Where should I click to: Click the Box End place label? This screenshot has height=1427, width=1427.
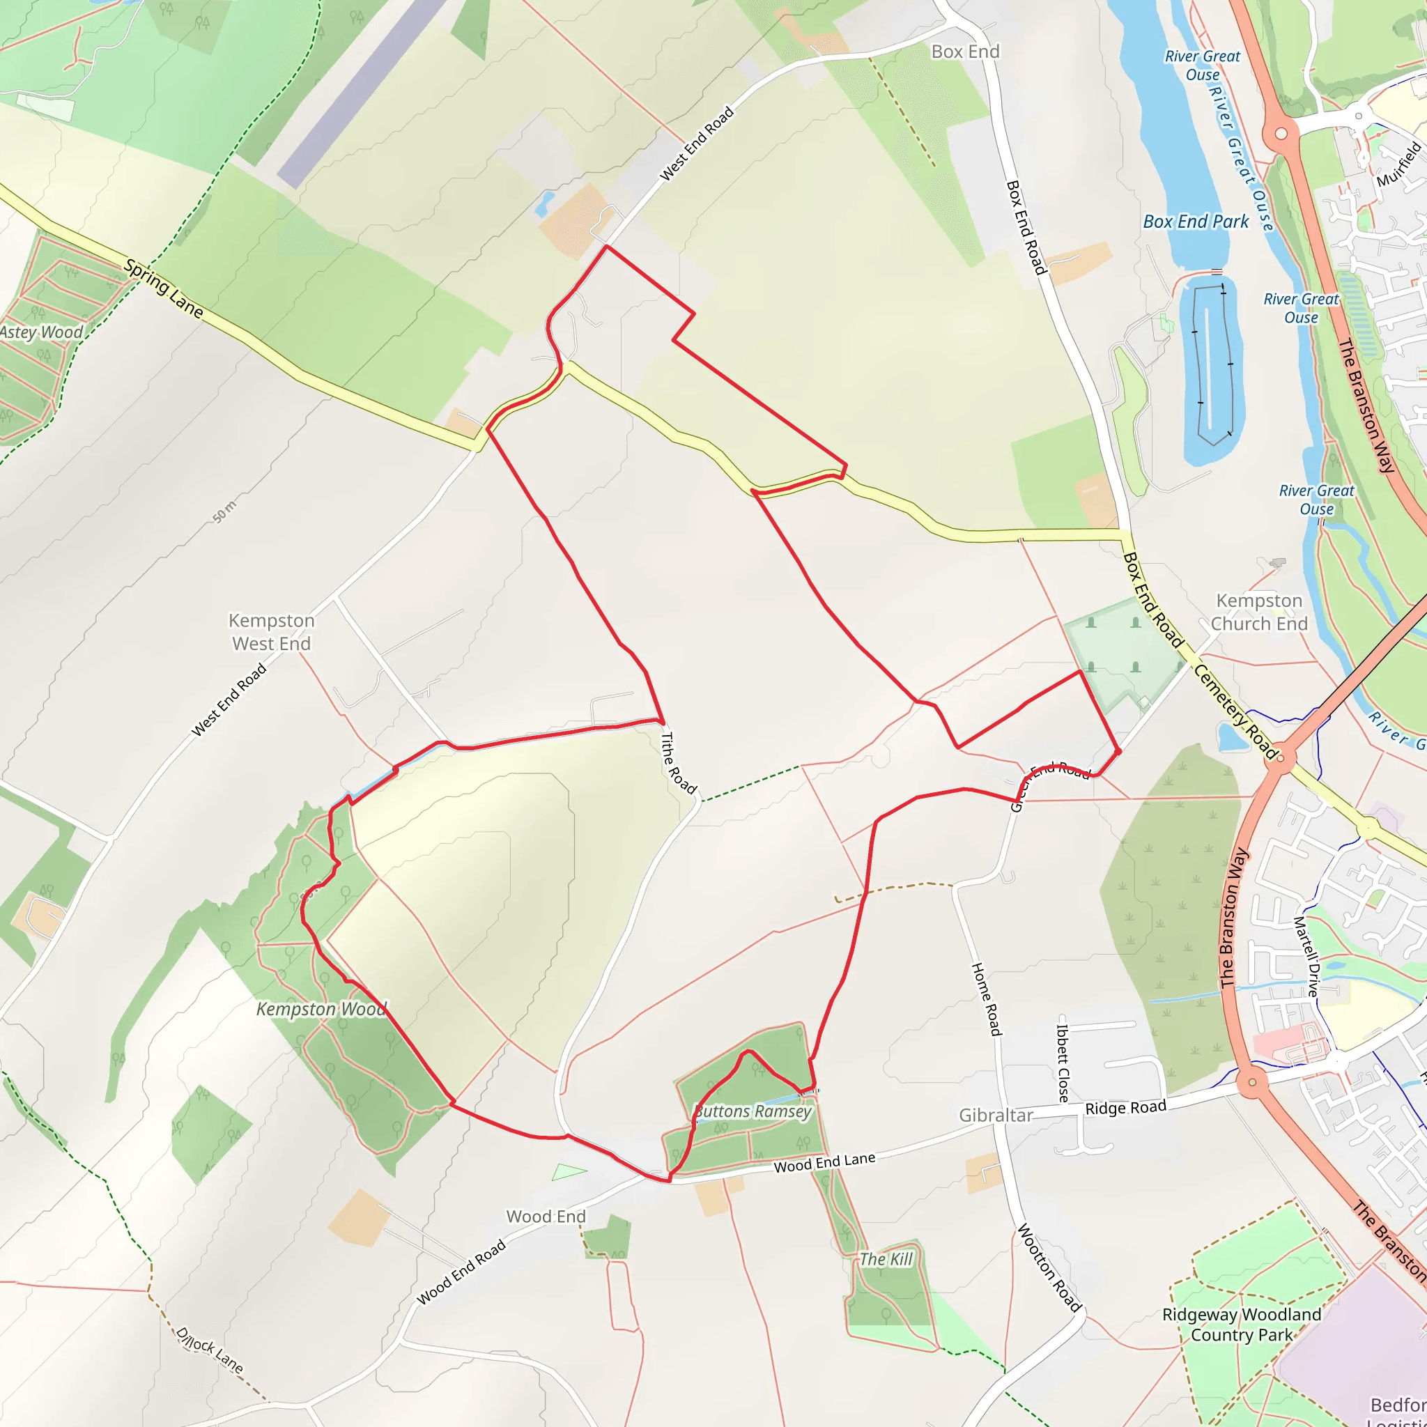click(964, 52)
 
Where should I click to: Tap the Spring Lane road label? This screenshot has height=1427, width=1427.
click(163, 288)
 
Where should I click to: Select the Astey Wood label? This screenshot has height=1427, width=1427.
click(41, 332)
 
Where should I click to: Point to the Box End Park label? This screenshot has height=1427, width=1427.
click(1196, 222)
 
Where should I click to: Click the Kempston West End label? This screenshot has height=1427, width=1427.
click(271, 632)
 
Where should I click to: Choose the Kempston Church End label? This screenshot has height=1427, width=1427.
click(1258, 612)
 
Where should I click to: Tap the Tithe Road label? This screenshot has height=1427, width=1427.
click(678, 763)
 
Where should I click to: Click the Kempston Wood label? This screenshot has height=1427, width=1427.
click(321, 1009)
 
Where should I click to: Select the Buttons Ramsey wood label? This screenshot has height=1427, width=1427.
click(753, 1111)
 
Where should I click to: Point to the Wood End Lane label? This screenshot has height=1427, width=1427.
click(824, 1163)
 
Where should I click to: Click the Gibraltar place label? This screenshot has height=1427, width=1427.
click(996, 1116)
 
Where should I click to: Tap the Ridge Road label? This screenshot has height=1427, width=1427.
click(1126, 1107)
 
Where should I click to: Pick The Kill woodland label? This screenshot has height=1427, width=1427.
click(886, 1259)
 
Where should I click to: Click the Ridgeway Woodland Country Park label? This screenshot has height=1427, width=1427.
click(1242, 1325)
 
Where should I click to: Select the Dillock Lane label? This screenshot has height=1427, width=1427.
click(209, 1350)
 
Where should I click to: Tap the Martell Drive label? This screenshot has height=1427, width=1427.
click(1306, 957)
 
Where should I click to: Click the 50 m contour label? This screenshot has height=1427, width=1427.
click(225, 511)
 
